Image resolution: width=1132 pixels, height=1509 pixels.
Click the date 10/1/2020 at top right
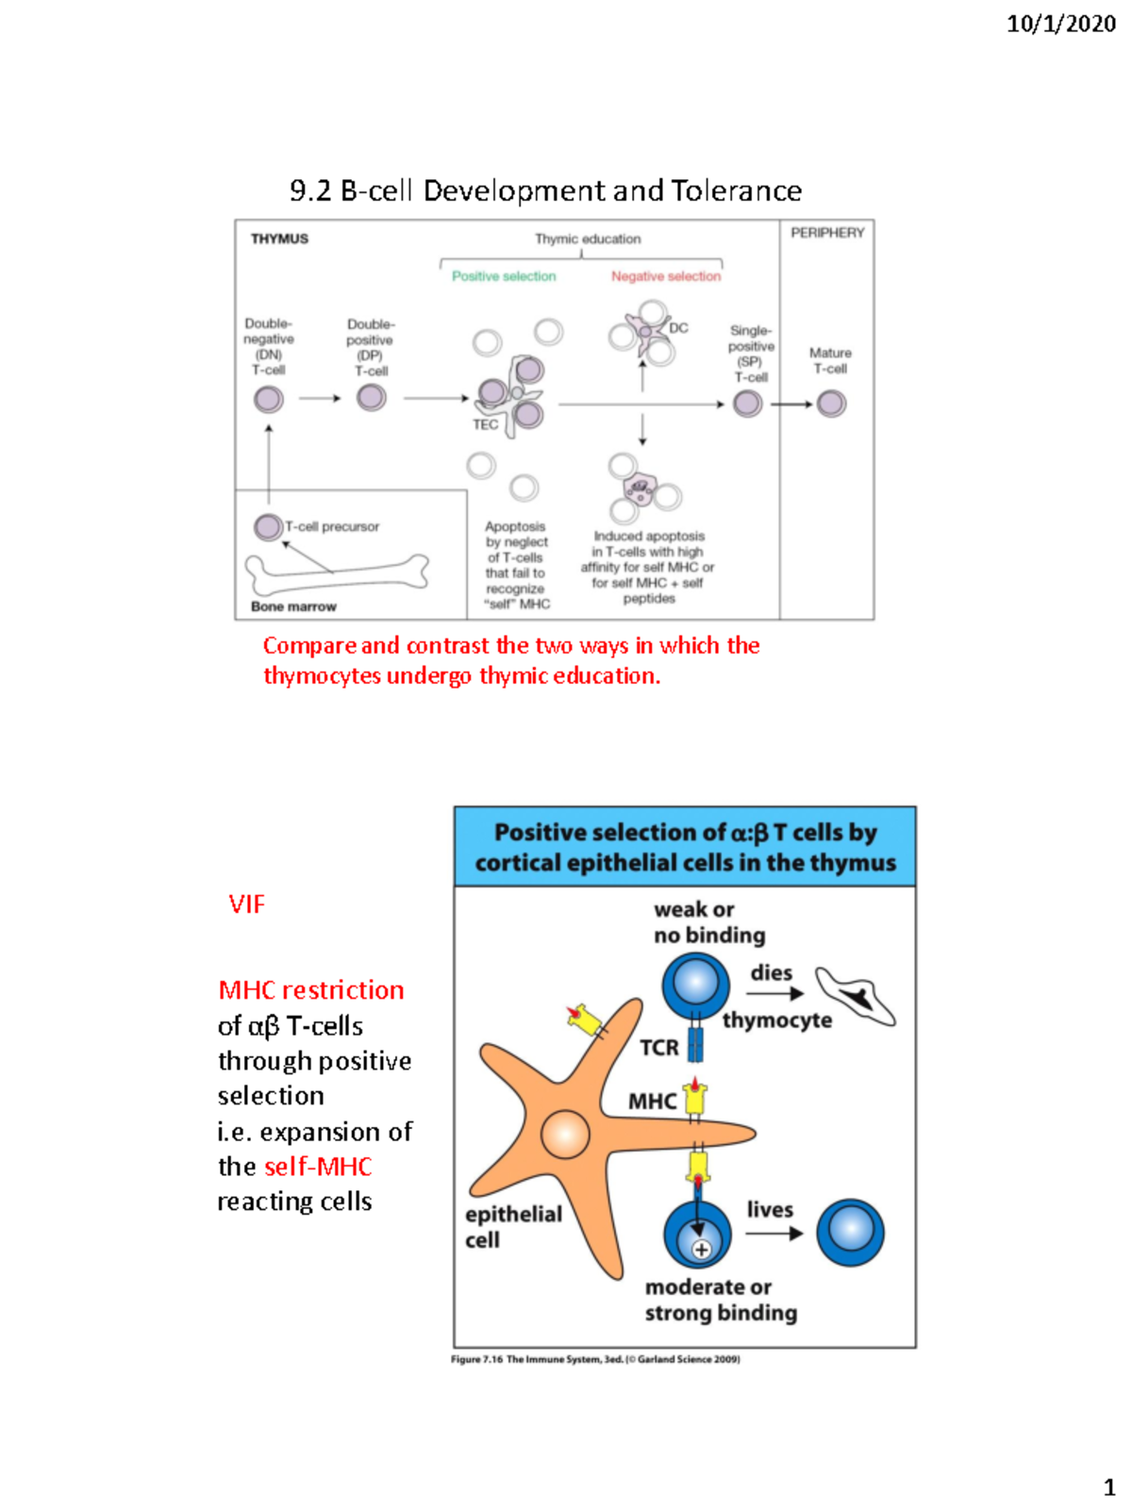pyautogui.click(x=1060, y=24)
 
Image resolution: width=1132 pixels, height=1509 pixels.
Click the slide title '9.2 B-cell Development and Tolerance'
pyautogui.click(x=545, y=191)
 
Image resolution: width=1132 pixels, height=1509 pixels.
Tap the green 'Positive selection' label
pyautogui.click(x=504, y=276)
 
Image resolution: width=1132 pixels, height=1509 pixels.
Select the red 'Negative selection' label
pyautogui.click(x=665, y=276)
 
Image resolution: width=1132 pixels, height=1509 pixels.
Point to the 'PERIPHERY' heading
pyautogui.click(x=827, y=232)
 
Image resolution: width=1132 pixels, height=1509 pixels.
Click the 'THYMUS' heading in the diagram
pyautogui.click(x=279, y=239)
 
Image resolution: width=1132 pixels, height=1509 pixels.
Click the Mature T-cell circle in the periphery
pyautogui.click(x=831, y=404)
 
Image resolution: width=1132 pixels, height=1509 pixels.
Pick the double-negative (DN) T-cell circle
pyautogui.click(x=269, y=399)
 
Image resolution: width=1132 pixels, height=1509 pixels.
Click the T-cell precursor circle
pyautogui.click(x=268, y=526)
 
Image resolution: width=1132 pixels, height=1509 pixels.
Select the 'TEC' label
pyautogui.click(x=485, y=424)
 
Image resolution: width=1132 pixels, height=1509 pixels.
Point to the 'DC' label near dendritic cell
pyautogui.click(x=678, y=328)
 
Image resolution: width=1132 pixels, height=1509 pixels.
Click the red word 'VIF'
pyautogui.click(x=246, y=904)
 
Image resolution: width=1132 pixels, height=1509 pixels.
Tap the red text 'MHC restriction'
pyautogui.click(x=311, y=989)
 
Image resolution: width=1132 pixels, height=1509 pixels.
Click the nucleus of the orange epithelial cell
pyautogui.click(x=565, y=1134)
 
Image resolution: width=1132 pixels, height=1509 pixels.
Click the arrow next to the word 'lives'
pyautogui.click(x=774, y=1233)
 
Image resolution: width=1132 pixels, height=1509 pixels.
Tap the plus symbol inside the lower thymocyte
pyautogui.click(x=701, y=1250)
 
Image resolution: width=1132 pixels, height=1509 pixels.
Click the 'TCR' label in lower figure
pyautogui.click(x=658, y=1048)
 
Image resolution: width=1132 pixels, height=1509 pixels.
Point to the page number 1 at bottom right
pyautogui.click(x=1109, y=1487)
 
